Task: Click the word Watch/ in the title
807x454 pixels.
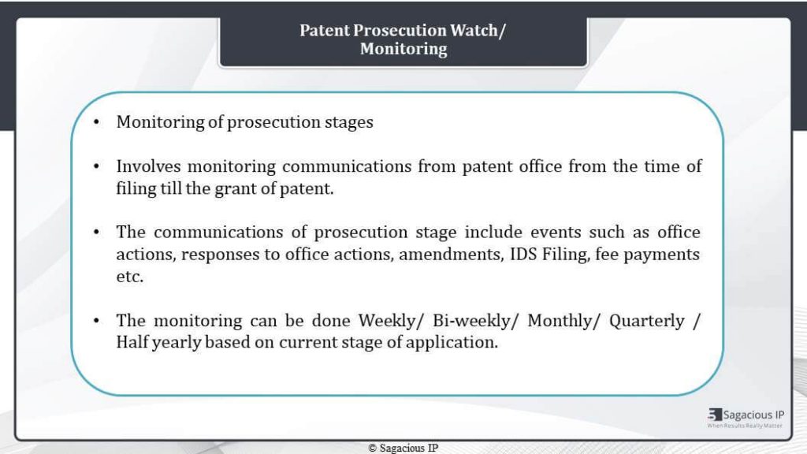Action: [478, 31]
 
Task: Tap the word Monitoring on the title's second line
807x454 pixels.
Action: [403, 49]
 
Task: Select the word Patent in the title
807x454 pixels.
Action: [325, 31]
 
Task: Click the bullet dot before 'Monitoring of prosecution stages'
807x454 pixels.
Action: [97, 122]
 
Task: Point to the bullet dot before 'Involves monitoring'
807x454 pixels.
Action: [97, 166]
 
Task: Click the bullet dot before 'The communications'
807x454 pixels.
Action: [97, 233]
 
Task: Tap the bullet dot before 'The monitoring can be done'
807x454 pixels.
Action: [97, 321]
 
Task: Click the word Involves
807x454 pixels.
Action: [149, 166]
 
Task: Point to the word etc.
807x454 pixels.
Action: [130, 277]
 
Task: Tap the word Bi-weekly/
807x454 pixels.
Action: [475, 321]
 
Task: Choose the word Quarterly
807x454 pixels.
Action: [647, 321]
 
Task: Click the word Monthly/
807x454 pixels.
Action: [564, 321]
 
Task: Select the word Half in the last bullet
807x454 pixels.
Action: [132, 342]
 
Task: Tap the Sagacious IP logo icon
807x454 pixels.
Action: [715, 415]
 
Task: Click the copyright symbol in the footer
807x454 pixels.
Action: [373, 448]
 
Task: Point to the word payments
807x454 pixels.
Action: [661, 255]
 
